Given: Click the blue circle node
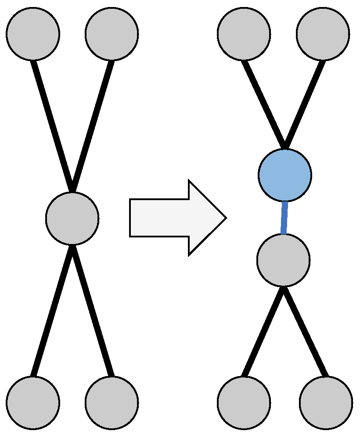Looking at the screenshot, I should (x=285, y=175).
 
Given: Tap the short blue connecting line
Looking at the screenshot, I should (x=284, y=218).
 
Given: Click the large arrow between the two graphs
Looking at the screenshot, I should (x=176, y=218).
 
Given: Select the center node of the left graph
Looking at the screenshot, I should (x=72, y=219).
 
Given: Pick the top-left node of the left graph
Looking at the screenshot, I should (x=33, y=34).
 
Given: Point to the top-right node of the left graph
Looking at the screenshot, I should (x=112, y=34).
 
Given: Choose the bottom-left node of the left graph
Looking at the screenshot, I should (x=33, y=402).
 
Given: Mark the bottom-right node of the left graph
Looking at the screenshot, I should (x=112, y=402).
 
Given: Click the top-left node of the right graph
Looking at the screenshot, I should (x=244, y=34).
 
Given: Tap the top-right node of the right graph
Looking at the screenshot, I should (x=323, y=34).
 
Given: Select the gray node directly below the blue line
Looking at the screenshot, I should (x=284, y=260).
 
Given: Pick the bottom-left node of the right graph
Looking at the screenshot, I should (x=244, y=402).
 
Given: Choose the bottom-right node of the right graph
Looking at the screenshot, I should (x=326, y=402).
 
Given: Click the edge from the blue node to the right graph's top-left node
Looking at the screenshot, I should (x=264, y=104).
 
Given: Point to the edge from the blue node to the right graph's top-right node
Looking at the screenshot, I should (x=304, y=104).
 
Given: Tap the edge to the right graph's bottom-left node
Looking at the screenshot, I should (x=264, y=332).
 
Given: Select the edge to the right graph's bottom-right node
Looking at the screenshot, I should (x=305, y=332).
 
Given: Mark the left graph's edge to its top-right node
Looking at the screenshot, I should (x=92, y=126).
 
